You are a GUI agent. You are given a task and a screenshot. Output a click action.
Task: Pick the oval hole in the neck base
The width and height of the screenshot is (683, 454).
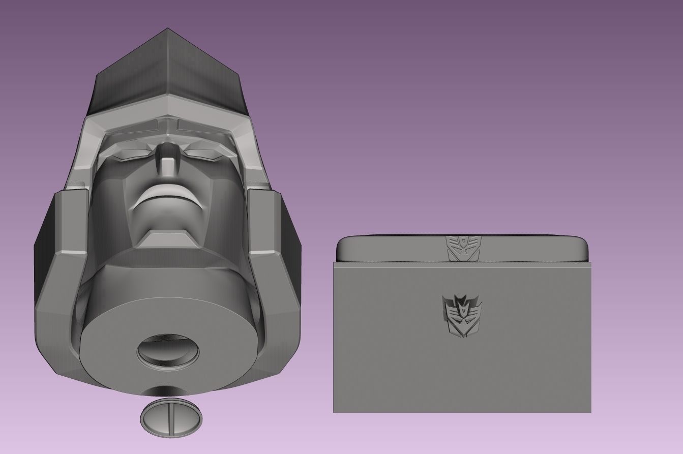coord(168,350)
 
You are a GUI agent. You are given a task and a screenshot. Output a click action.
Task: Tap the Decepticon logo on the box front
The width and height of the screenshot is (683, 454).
coord(462,316)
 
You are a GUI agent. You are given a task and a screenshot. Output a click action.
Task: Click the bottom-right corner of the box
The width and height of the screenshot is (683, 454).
coord(590,411)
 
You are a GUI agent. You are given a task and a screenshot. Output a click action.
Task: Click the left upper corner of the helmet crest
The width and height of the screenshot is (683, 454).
coord(97,75)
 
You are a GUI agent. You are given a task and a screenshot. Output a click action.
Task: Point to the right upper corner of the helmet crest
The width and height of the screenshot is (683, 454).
coord(239,75)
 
